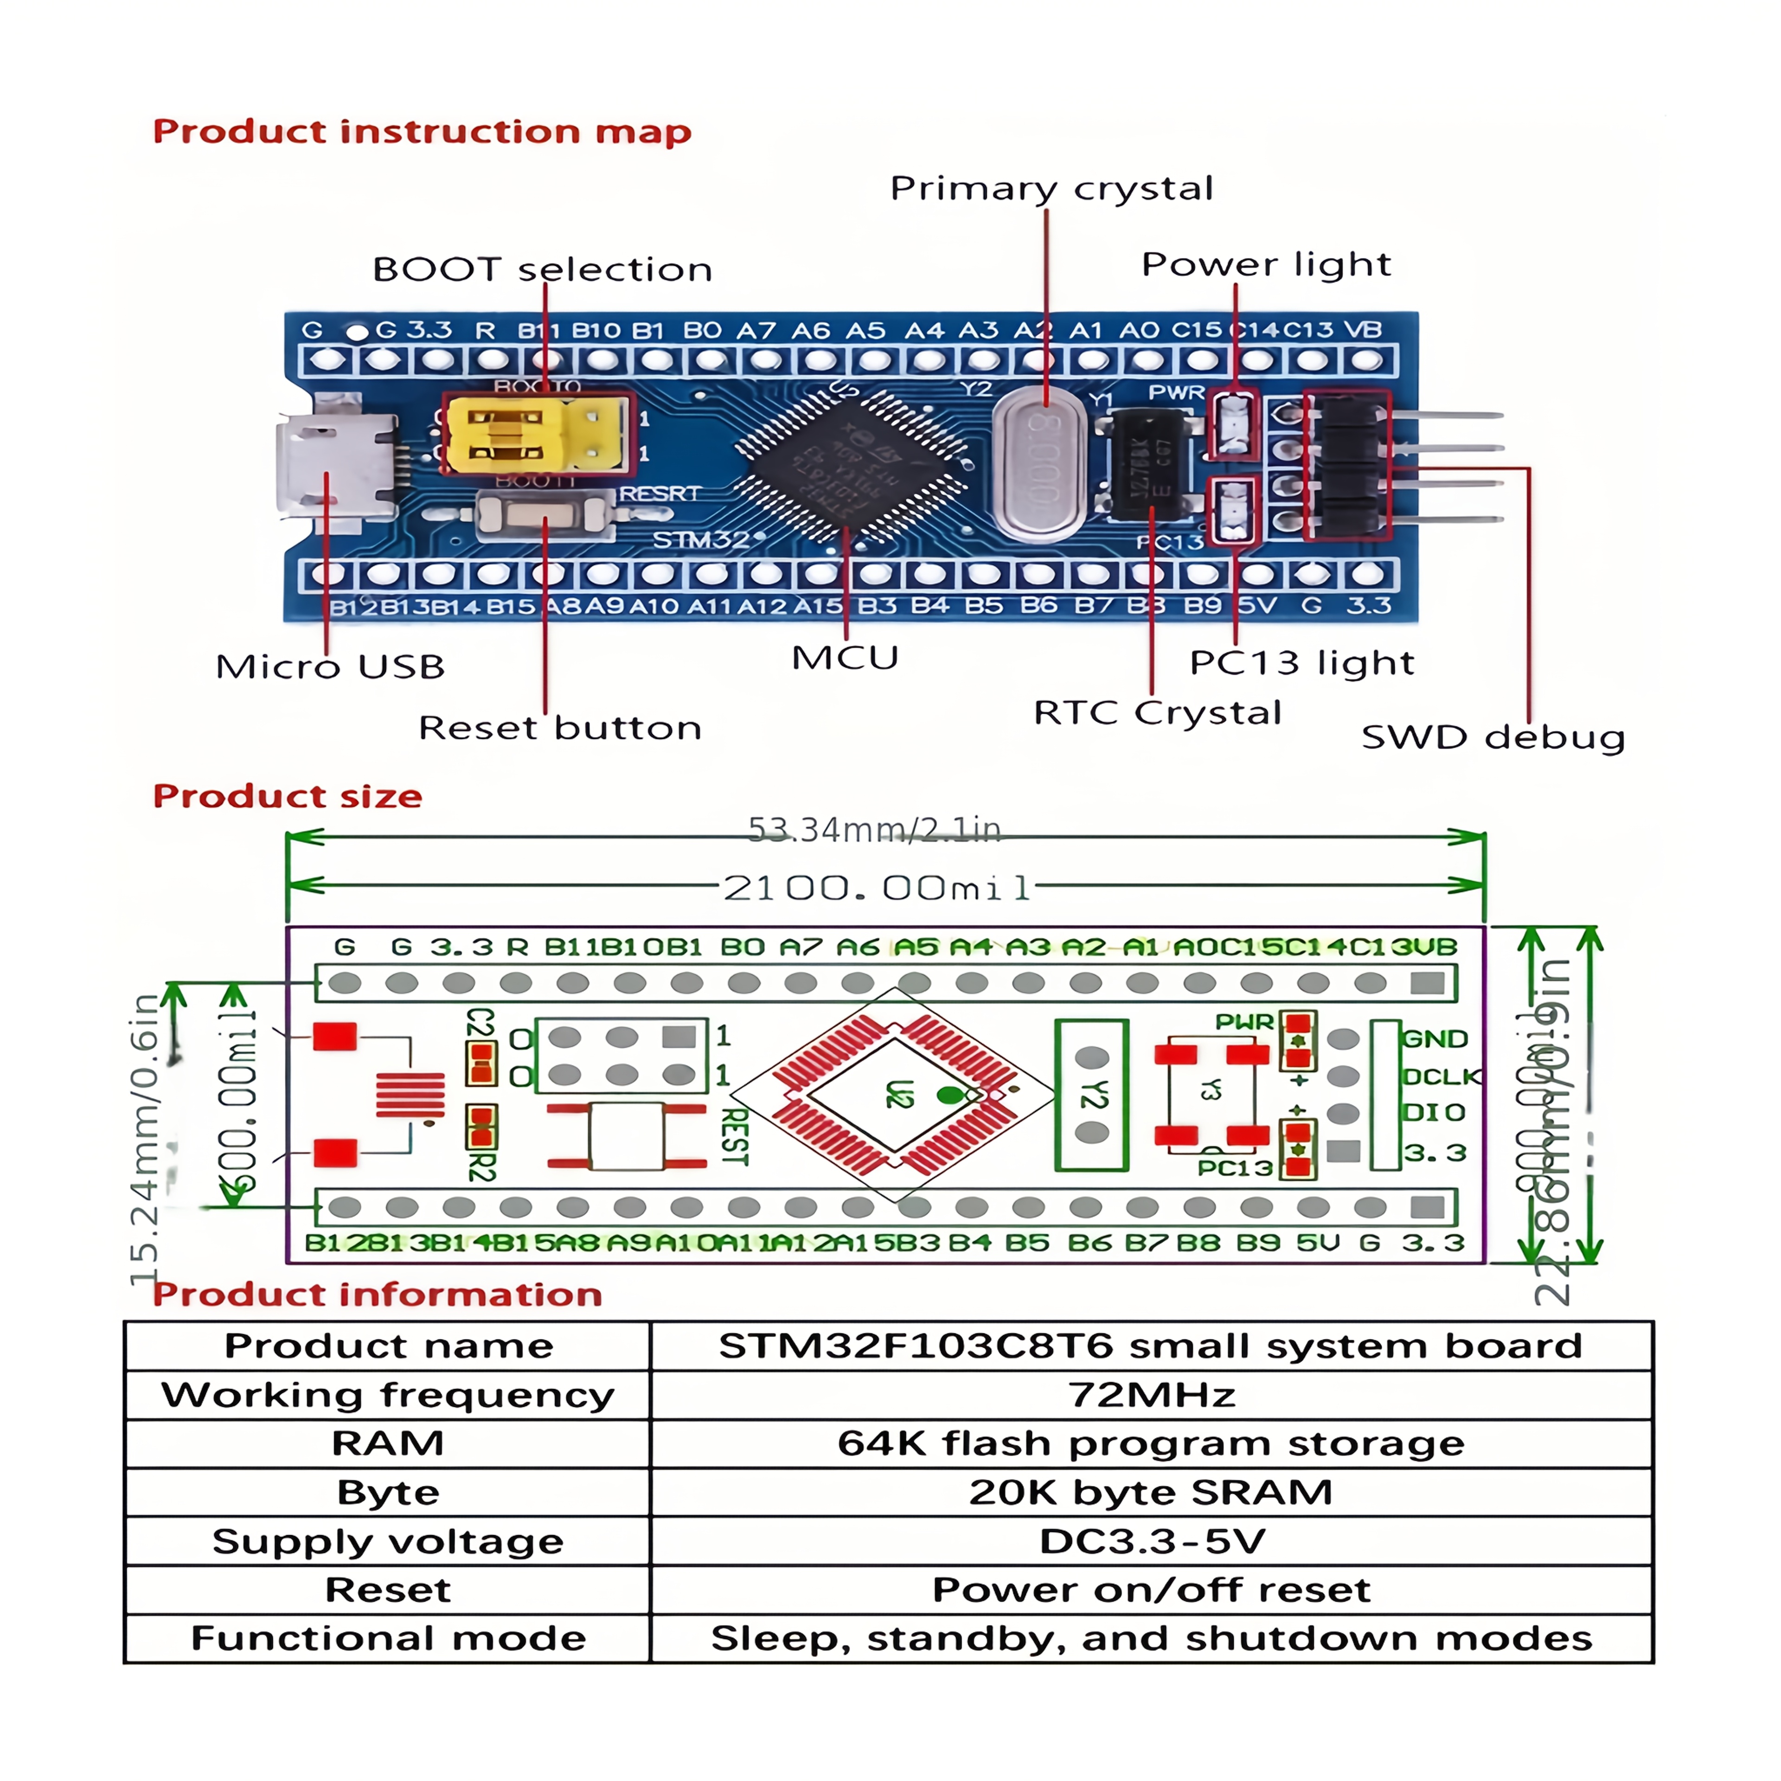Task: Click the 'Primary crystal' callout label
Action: coord(1051,188)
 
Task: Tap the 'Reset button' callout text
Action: coord(559,728)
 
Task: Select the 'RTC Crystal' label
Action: coord(1157,712)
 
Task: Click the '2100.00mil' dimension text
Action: coord(876,888)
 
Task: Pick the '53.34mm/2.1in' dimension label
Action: coord(874,830)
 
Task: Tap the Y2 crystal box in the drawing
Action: coord(1091,1094)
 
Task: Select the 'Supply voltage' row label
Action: coord(387,1541)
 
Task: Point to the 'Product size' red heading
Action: coord(288,795)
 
